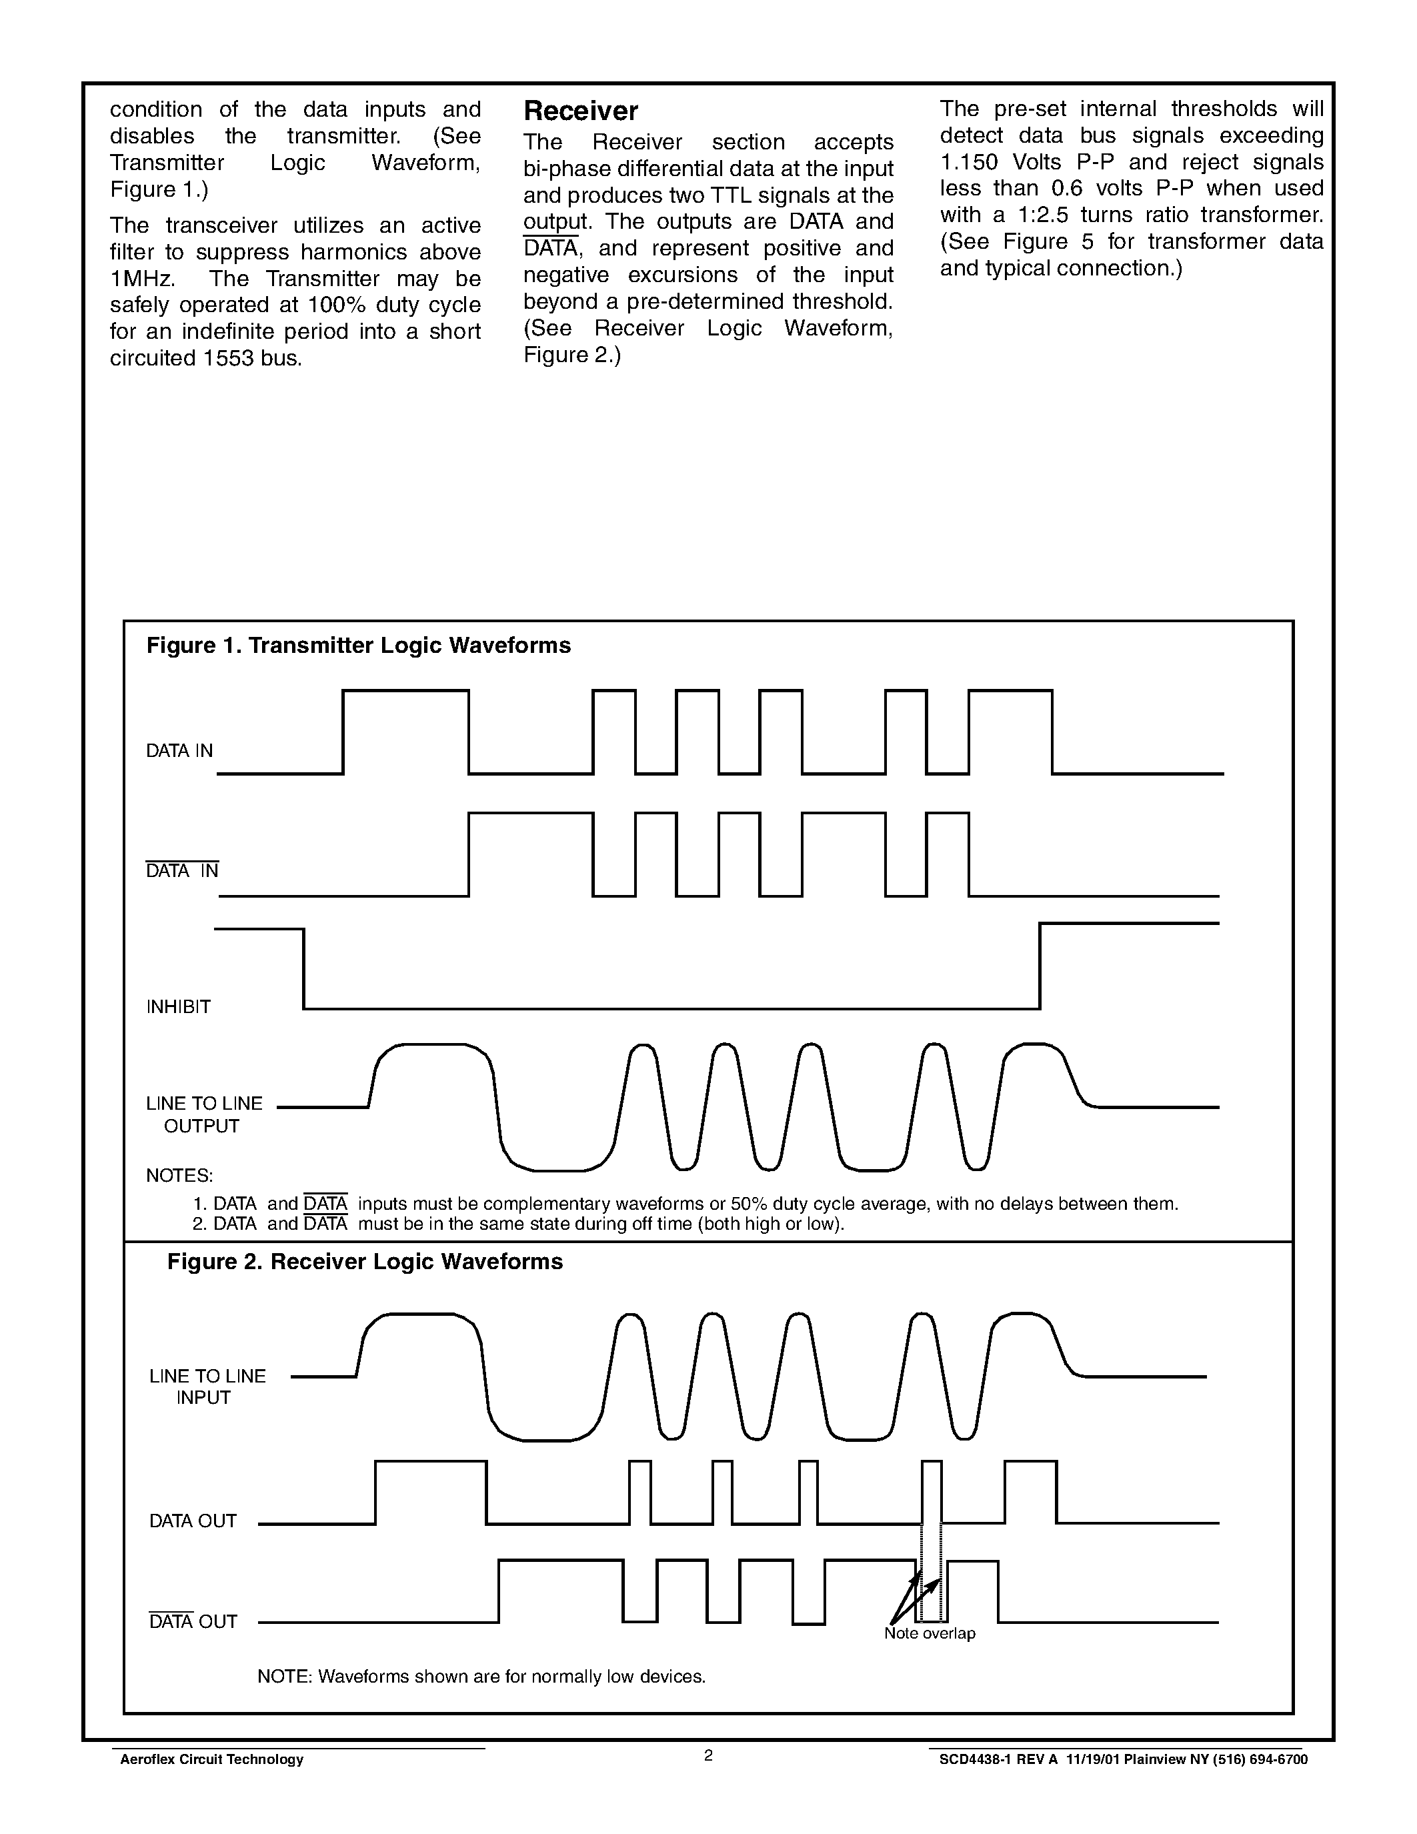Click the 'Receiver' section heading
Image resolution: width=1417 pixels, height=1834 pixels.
[580, 111]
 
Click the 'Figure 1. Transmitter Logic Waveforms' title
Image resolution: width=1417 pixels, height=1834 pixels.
[359, 645]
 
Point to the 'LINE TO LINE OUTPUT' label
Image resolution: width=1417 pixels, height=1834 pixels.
[204, 1114]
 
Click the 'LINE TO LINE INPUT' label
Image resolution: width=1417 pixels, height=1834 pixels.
[207, 1387]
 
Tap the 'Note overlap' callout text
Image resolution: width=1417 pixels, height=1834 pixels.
[930, 1633]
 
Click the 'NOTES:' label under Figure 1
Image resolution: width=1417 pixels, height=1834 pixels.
[179, 1175]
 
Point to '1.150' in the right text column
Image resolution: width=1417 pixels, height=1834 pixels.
[969, 162]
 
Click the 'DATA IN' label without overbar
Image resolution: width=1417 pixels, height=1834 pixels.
[179, 751]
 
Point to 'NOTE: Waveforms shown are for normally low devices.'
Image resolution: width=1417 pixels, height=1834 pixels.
[481, 1676]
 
